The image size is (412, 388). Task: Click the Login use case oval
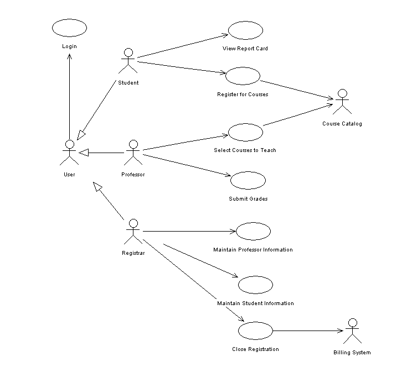pyautogui.click(x=69, y=28)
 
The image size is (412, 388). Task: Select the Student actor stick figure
pyautogui.click(x=128, y=61)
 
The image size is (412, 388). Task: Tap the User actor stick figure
pyautogui.click(x=69, y=153)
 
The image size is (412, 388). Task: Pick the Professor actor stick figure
pyautogui.click(x=133, y=153)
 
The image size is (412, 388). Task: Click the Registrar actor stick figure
pyautogui.click(x=133, y=232)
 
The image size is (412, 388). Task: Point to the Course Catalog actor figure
pyautogui.click(x=342, y=102)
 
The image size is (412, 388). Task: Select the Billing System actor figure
pyautogui.click(x=352, y=332)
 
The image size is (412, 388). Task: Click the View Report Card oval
pyautogui.click(x=245, y=30)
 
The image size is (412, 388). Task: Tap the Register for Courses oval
pyautogui.click(x=243, y=76)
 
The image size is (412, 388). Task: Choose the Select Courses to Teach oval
pyautogui.click(x=245, y=132)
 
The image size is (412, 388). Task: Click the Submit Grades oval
pyautogui.click(x=248, y=181)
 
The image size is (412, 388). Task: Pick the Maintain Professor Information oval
pyautogui.click(x=253, y=232)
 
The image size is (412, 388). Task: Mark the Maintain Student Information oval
pyautogui.click(x=255, y=285)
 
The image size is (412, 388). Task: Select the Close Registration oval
pyautogui.click(x=255, y=331)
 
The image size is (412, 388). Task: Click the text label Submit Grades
pyautogui.click(x=248, y=199)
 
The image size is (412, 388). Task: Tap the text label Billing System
pyautogui.click(x=352, y=353)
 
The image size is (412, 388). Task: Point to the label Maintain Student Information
pyautogui.click(x=255, y=303)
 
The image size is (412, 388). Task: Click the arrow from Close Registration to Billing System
pyautogui.click(x=308, y=331)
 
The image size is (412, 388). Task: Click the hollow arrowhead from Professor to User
pyautogui.click(x=84, y=152)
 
